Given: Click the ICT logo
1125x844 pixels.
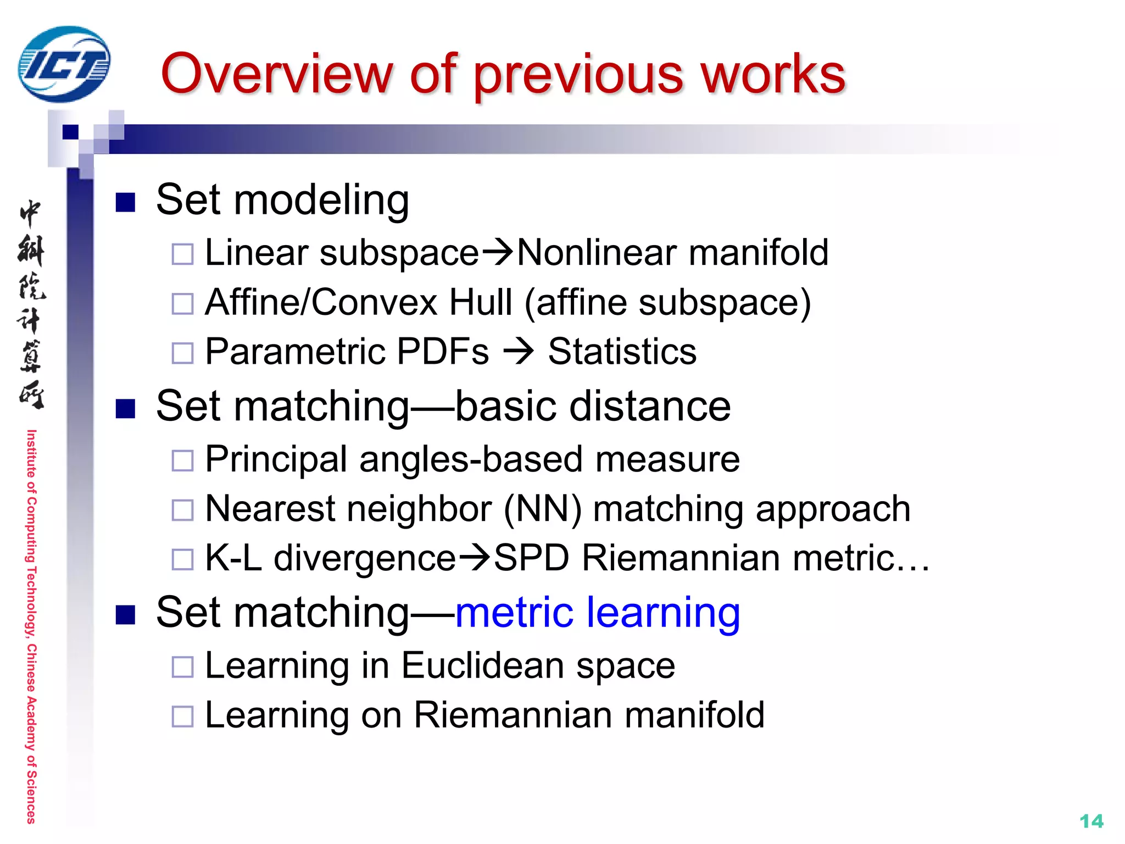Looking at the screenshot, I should coord(64,64).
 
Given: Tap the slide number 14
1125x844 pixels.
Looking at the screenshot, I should coord(1091,821).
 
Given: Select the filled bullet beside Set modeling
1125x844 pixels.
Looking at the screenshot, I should coord(126,202).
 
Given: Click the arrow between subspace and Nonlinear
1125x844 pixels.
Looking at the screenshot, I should coord(497,253).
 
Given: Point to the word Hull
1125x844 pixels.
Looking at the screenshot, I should coord(480,302).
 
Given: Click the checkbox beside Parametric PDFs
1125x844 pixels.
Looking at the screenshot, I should coord(182,353).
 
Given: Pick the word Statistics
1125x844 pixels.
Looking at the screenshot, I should coord(622,352).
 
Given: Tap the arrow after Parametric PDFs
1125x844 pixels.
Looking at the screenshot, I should coord(519,352).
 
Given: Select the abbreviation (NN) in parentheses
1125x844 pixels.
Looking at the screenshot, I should coord(543,509).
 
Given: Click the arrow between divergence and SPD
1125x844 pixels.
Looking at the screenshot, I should coord(474,558).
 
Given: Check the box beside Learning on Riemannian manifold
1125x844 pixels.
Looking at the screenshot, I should coord(182,717).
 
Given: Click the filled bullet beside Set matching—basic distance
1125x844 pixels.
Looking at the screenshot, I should coord(126,409).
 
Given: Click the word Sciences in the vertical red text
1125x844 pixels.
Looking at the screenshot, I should coord(31,797).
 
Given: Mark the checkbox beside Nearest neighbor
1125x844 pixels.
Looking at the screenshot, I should coord(182,510).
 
